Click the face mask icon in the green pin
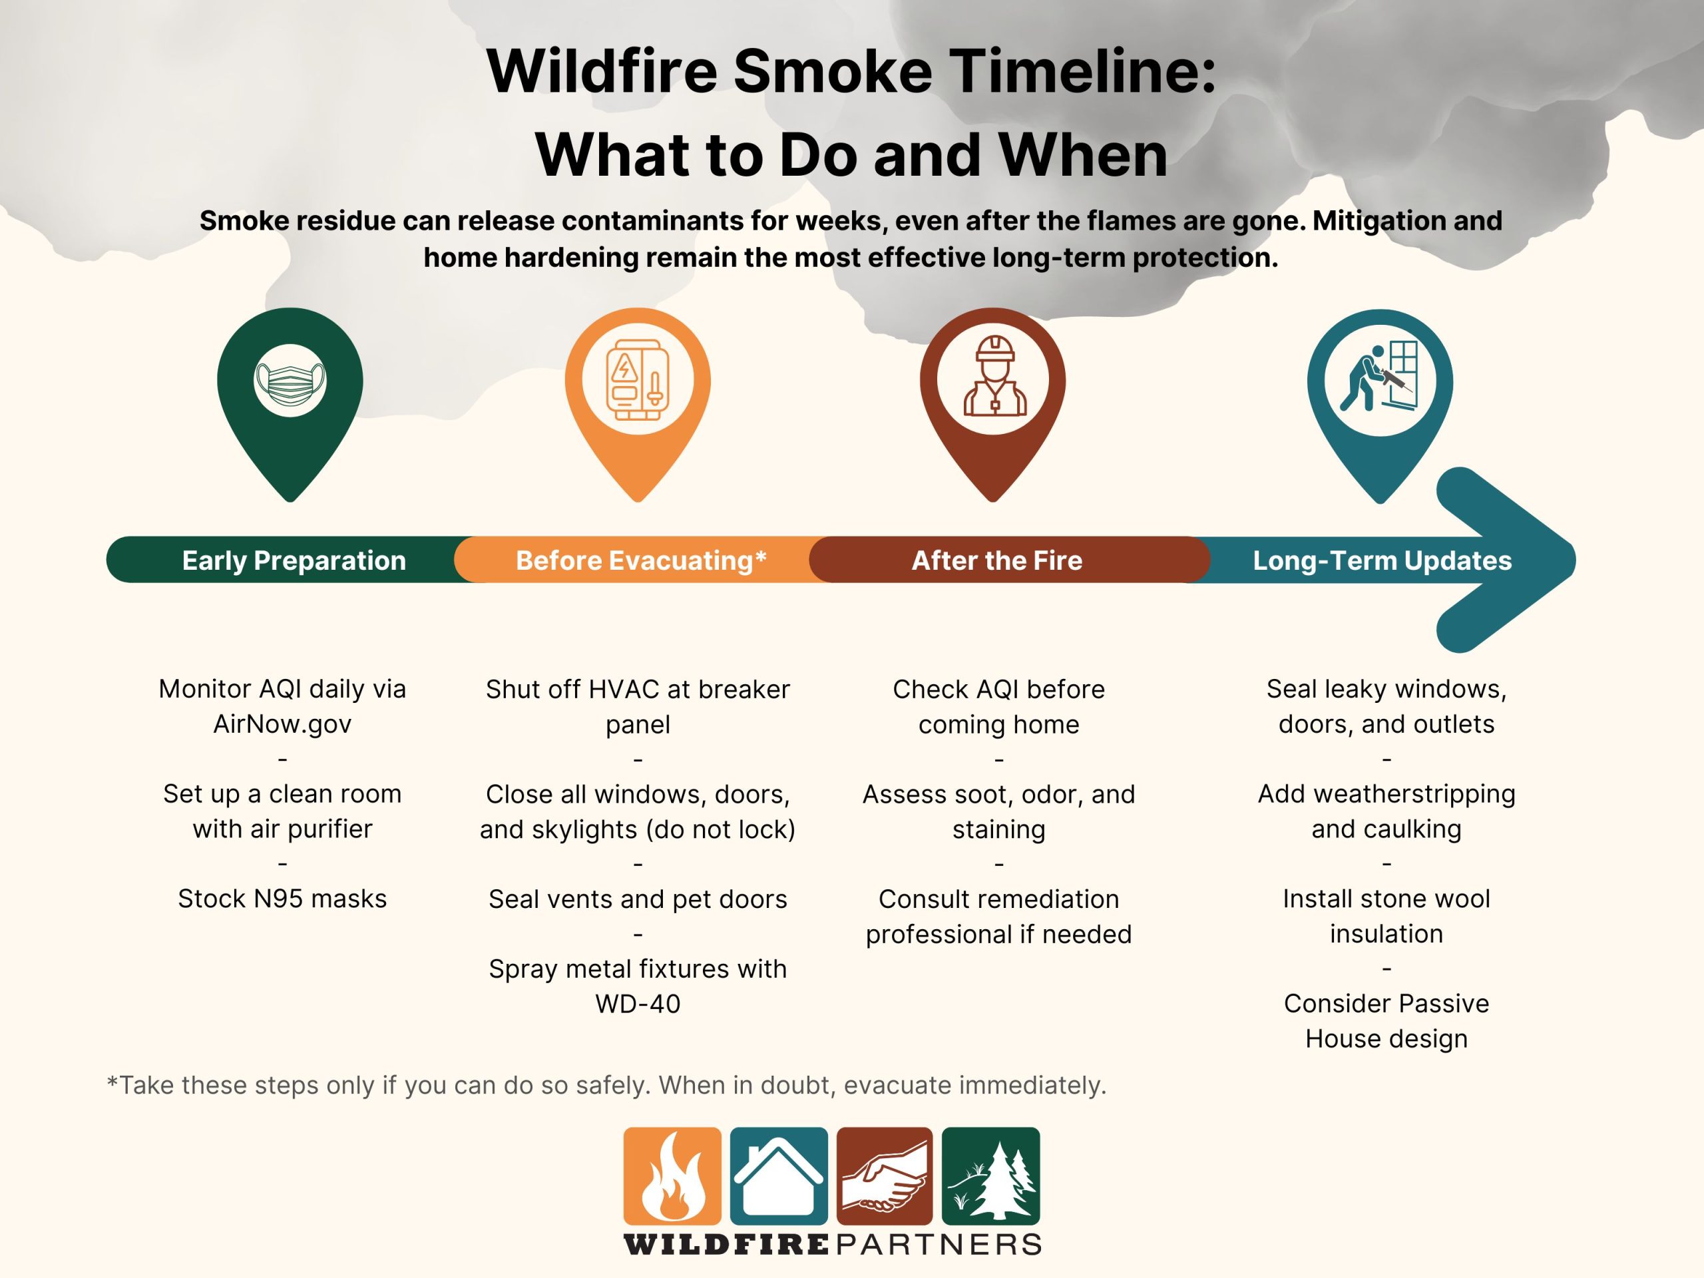(x=290, y=381)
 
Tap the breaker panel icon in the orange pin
(x=637, y=381)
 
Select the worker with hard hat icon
(x=994, y=377)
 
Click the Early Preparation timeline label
(x=294, y=560)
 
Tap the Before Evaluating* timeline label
(x=640, y=560)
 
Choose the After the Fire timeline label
(x=997, y=560)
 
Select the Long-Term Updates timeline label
(x=1382, y=560)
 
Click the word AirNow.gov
(x=282, y=724)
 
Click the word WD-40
(x=638, y=1004)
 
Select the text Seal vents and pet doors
(x=638, y=899)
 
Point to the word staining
(x=998, y=829)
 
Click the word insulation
(x=1386, y=934)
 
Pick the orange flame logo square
(x=672, y=1175)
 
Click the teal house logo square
(x=778, y=1175)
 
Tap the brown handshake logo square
(x=885, y=1175)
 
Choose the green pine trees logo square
(x=990, y=1175)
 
